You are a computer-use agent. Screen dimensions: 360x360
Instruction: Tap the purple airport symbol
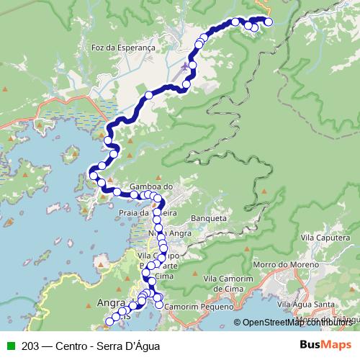187,67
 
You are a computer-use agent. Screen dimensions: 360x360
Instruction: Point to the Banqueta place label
210,217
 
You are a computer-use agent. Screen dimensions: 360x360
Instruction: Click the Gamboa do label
152,186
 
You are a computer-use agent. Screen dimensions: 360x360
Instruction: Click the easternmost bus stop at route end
269,22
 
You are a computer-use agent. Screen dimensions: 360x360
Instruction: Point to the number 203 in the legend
30,344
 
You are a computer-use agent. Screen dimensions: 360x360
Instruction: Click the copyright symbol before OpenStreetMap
237,323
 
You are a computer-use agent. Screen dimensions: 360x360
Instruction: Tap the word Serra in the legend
112,344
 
